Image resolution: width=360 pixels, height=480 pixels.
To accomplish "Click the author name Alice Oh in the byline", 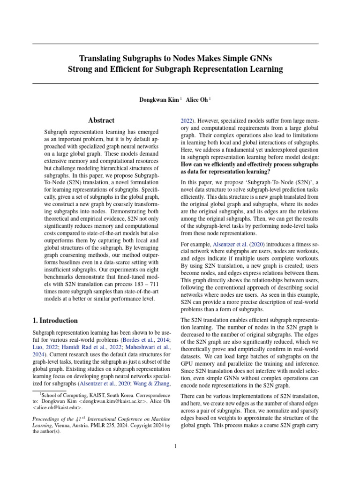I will [197, 100].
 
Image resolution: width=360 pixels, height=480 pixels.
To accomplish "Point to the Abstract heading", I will [102, 120].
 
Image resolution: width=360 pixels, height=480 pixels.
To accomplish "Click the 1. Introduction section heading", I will [55, 321].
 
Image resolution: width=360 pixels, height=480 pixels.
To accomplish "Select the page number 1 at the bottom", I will [175, 446].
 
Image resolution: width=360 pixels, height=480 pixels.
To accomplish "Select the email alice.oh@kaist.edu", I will [55, 408].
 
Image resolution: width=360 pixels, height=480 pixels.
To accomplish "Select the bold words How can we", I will [196, 165].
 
